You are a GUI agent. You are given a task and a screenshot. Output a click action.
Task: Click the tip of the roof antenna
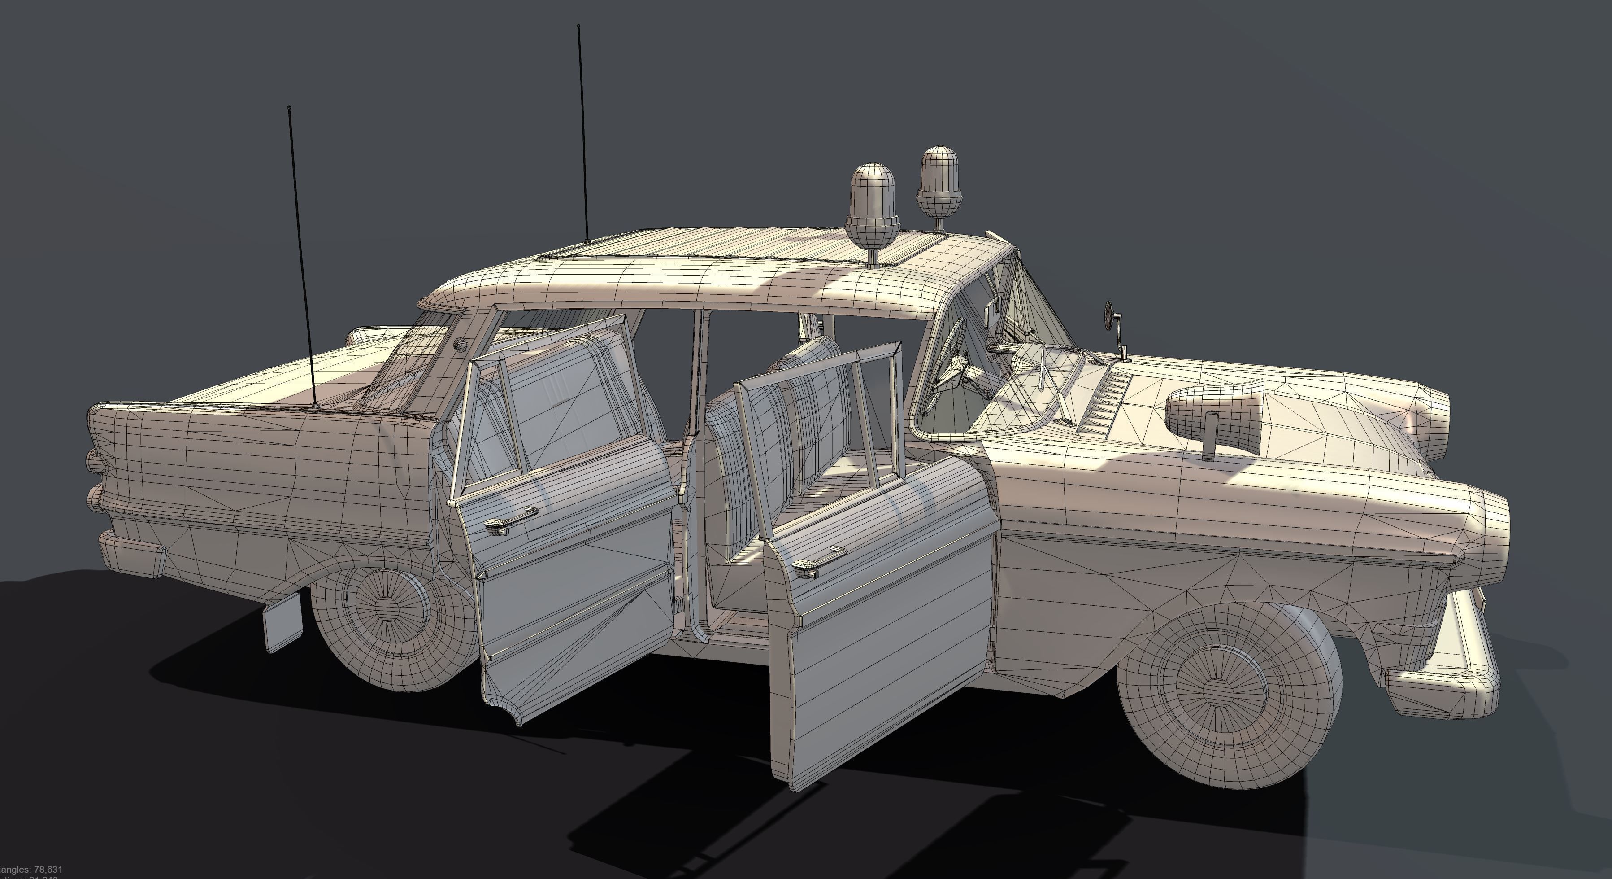pyautogui.click(x=579, y=27)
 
